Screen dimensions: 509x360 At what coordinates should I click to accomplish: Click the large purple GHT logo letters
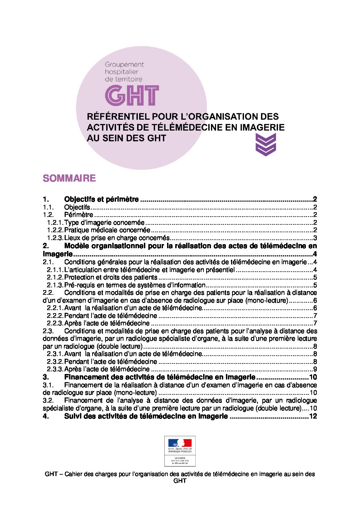click(x=132, y=95)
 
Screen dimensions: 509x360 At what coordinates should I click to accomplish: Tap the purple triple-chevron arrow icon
click(x=265, y=145)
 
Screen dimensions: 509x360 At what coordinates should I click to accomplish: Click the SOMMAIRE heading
click(x=69, y=178)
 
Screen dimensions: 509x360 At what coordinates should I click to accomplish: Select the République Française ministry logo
click(x=180, y=451)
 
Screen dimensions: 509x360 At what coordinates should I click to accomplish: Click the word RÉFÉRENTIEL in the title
click(x=118, y=116)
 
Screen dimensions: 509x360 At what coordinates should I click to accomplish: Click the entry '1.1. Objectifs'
click(x=77, y=207)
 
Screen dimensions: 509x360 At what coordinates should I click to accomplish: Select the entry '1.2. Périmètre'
click(x=78, y=215)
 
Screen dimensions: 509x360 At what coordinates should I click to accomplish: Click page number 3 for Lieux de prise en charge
click(x=315, y=238)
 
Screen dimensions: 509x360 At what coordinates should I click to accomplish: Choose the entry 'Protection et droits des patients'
click(x=111, y=277)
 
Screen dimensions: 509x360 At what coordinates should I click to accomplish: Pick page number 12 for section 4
click(x=313, y=416)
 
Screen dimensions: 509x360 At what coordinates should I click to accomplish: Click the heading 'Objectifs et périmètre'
click(x=101, y=199)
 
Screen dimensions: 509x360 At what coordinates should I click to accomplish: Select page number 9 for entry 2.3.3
click(x=315, y=369)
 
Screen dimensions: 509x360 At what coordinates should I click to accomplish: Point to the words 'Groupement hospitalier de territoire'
click(x=124, y=71)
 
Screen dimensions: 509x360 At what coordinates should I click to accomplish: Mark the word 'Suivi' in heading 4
click(x=73, y=416)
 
